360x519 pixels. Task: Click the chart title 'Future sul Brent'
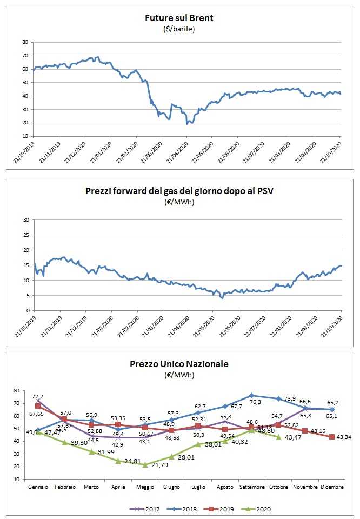click(x=179, y=18)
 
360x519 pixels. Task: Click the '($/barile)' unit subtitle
click(x=179, y=29)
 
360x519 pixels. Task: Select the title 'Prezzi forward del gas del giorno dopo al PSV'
click(x=179, y=191)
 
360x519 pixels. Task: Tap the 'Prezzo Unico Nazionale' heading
click(x=179, y=364)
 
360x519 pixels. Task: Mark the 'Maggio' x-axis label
click(x=144, y=487)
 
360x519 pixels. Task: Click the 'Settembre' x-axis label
click(x=251, y=487)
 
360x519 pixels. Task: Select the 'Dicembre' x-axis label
click(x=332, y=487)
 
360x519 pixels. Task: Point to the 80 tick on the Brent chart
click(x=25, y=42)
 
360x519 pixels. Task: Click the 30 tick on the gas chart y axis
click(x=25, y=220)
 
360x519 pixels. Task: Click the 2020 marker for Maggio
click(x=145, y=464)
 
